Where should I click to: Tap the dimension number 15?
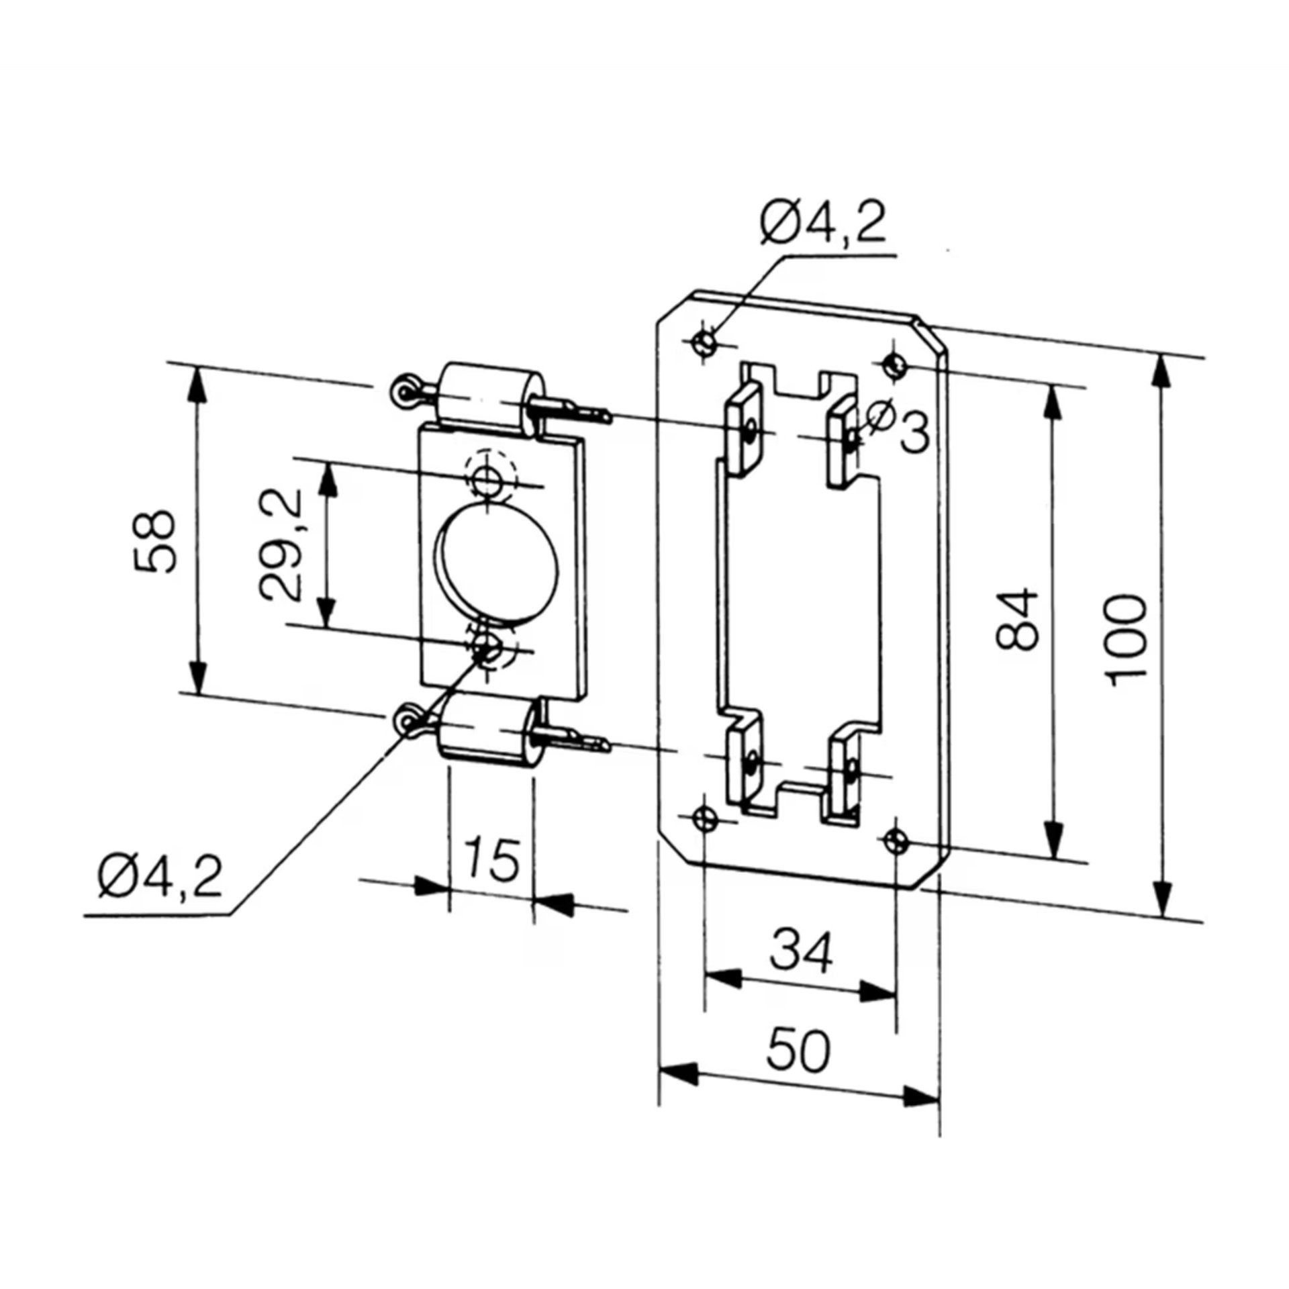pyautogui.click(x=493, y=859)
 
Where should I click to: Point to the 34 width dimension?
pyautogui.click(x=801, y=950)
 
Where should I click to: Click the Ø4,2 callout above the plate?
pyautogui.click(x=823, y=223)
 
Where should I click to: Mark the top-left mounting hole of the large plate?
pyautogui.click(x=704, y=344)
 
